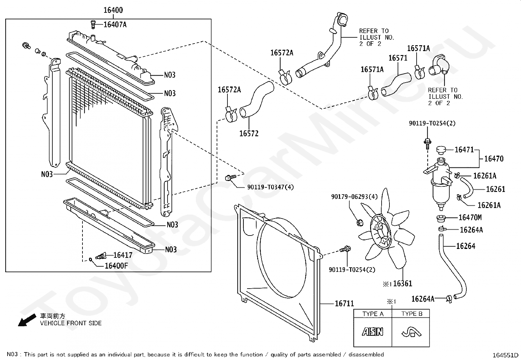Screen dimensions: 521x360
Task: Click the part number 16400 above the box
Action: (113, 10)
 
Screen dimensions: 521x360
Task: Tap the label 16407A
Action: (115, 25)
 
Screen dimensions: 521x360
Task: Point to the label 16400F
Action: (116, 266)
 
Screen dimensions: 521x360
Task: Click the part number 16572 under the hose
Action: (249, 133)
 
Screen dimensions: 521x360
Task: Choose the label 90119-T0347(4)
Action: (271, 187)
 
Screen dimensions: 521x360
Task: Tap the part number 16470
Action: (494, 159)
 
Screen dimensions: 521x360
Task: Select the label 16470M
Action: (470, 217)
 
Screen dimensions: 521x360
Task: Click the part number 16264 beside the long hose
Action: (466, 246)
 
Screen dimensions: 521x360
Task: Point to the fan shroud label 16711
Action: (344, 303)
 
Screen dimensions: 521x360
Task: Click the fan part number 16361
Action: (403, 283)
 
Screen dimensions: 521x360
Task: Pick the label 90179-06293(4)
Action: (354, 197)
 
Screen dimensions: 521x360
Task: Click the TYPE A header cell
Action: (373, 314)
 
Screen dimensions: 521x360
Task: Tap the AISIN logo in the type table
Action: (373, 332)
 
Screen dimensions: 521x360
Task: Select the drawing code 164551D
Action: (505, 355)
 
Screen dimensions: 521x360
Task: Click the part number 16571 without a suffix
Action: (398, 58)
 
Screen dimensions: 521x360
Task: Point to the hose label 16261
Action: (496, 189)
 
